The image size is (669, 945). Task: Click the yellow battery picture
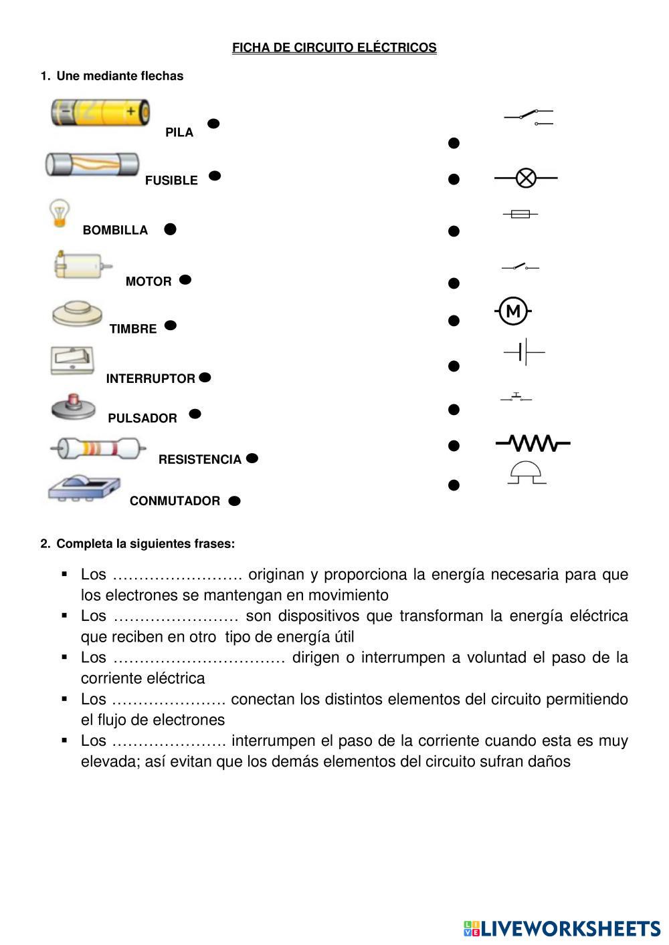tap(100, 112)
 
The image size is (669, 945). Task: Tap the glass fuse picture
tap(92, 164)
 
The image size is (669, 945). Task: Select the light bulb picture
tap(60, 213)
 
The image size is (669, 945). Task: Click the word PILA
tap(179, 132)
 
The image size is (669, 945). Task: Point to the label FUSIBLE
tap(171, 180)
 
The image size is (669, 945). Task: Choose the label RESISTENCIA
tap(199, 459)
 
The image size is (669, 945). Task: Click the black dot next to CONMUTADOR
tap(234, 501)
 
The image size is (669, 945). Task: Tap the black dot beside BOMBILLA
tap(170, 229)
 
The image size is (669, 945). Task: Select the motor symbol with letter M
tap(513, 311)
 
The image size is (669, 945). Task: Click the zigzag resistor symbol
tap(533, 442)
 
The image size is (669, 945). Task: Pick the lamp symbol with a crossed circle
tap(526, 178)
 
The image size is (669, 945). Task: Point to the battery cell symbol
tap(524, 352)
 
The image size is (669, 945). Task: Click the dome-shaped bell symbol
tap(527, 472)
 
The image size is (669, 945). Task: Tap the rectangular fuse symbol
tap(520, 214)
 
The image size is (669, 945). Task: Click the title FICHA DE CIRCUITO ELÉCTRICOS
tap(334, 47)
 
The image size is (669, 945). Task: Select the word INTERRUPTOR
tap(151, 378)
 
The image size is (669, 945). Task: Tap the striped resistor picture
tap(98, 448)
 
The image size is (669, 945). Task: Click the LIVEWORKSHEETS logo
tap(562, 928)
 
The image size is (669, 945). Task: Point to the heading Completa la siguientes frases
tap(145, 543)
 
